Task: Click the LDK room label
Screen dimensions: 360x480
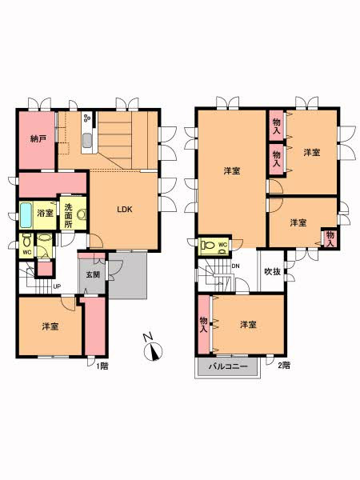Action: click(x=125, y=210)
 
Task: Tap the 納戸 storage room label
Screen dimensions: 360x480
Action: click(x=38, y=138)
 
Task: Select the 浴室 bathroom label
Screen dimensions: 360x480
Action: click(x=46, y=213)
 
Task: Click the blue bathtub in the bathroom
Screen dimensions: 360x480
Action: click(x=26, y=215)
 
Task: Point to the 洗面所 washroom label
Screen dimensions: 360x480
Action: click(x=68, y=215)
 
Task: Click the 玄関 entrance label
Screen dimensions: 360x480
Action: click(x=93, y=274)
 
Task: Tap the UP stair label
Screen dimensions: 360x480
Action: click(x=57, y=286)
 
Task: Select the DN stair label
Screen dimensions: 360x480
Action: click(x=235, y=266)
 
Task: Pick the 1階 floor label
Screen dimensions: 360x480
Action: click(x=102, y=366)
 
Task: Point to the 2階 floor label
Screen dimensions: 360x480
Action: click(x=284, y=366)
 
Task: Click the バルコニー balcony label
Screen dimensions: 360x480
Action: click(x=228, y=366)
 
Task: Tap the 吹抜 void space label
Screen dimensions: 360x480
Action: click(x=273, y=271)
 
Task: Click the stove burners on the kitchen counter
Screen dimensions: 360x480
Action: click(x=87, y=118)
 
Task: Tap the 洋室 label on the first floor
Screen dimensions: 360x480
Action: click(x=50, y=326)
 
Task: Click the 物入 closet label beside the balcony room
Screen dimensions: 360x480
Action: click(x=203, y=325)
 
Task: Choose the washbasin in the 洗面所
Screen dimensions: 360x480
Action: click(x=82, y=214)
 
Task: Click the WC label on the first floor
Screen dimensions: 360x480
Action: click(x=27, y=253)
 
